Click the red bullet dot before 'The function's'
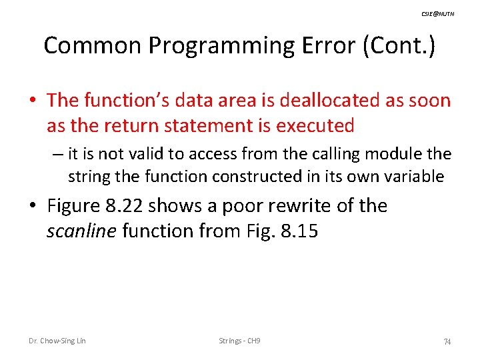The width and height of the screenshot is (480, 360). pyautogui.click(x=33, y=101)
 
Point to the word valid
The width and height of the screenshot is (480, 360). pyautogui.click(x=140, y=154)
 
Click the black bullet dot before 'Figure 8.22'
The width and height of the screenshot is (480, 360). pyautogui.click(x=33, y=206)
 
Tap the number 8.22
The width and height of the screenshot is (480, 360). pyautogui.click(x=123, y=205)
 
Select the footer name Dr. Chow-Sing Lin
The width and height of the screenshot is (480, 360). pyautogui.click(x=57, y=341)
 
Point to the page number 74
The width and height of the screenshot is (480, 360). pyautogui.click(x=447, y=341)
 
